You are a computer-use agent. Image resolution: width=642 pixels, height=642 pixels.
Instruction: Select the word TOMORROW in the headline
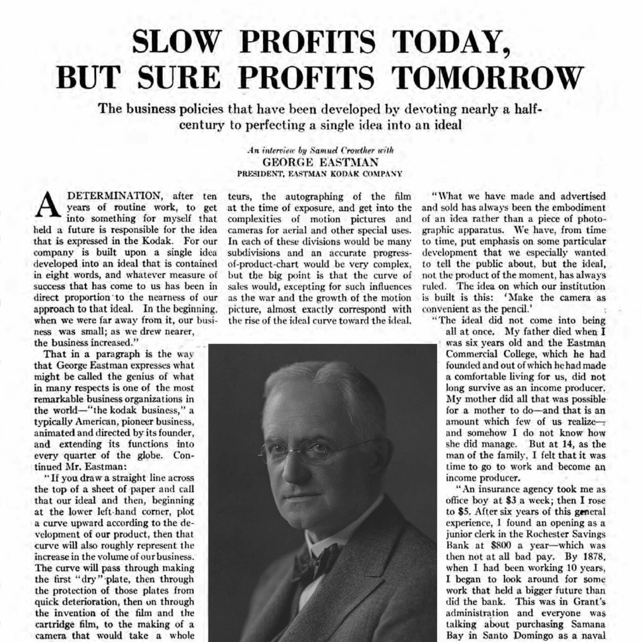pos(487,77)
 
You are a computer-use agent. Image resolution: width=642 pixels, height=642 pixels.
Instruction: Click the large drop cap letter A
pos(49,205)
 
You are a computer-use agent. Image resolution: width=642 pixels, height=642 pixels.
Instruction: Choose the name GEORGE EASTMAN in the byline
pos(321,162)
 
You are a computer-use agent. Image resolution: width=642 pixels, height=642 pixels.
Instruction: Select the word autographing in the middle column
pos(314,196)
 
